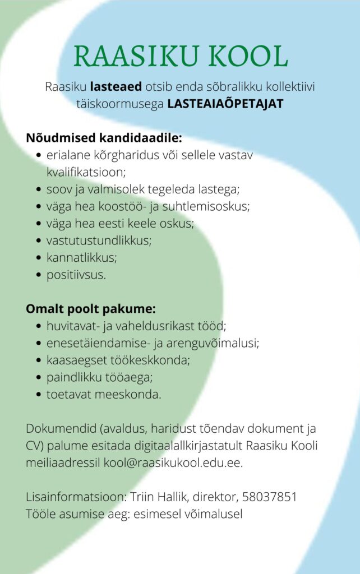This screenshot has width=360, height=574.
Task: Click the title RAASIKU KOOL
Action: (181, 56)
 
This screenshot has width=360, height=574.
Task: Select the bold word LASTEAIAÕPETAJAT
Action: (225, 104)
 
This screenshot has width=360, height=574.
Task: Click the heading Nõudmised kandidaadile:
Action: (104, 138)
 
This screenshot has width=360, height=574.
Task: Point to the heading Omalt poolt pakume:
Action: (91, 308)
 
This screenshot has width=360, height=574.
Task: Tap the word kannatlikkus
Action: (81, 258)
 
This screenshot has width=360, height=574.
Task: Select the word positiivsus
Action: (75, 275)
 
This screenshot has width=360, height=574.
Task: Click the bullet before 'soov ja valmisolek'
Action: (38, 190)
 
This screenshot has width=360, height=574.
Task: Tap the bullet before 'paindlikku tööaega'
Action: (38, 377)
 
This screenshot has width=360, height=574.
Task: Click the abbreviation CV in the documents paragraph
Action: (33, 446)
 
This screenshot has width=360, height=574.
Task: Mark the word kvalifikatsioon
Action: (86, 172)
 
